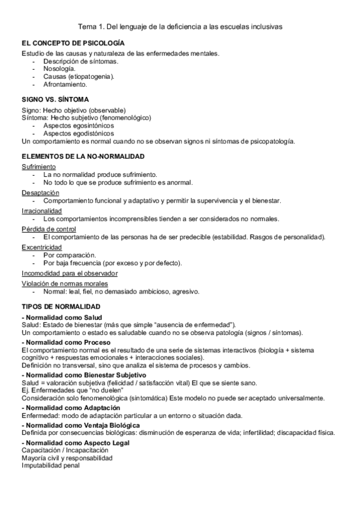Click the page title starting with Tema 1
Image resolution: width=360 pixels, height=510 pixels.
[x=180, y=27]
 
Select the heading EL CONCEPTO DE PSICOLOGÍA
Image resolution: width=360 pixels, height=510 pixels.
[x=73, y=44]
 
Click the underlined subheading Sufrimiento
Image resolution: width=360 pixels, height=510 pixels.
[x=39, y=167]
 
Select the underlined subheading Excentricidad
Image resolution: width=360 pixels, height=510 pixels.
[x=41, y=247]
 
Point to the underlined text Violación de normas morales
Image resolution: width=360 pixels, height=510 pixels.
[x=64, y=283]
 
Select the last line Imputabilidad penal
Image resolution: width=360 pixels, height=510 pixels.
[x=50, y=464]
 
